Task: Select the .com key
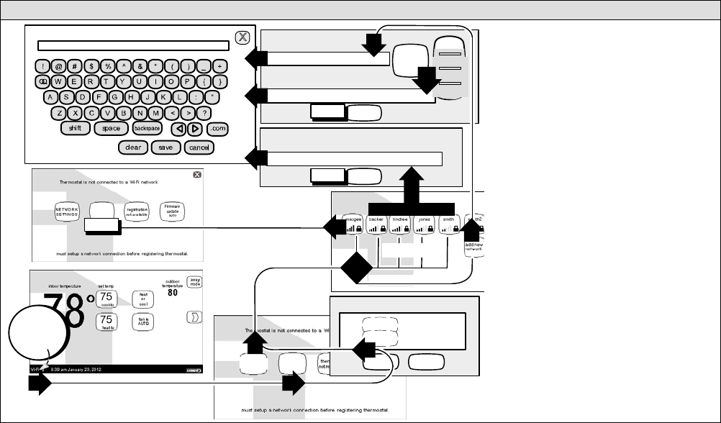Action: pyautogui.click(x=217, y=128)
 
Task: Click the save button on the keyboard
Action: pyautogui.click(x=165, y=147)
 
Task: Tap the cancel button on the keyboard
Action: pyautogui.click(x=198, y=147)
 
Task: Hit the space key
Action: pyautogui.click(x=111, y=128)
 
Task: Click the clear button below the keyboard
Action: pyautogui.click(x=133, y=147)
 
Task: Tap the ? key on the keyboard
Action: pyautogui.click(x=205, y=112)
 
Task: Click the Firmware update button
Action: pyautogui.click(x=172, y=211)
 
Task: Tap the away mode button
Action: pyautogui.click(x=194, y=283)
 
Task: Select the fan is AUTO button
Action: pyautogui.click(x=141, y=323)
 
